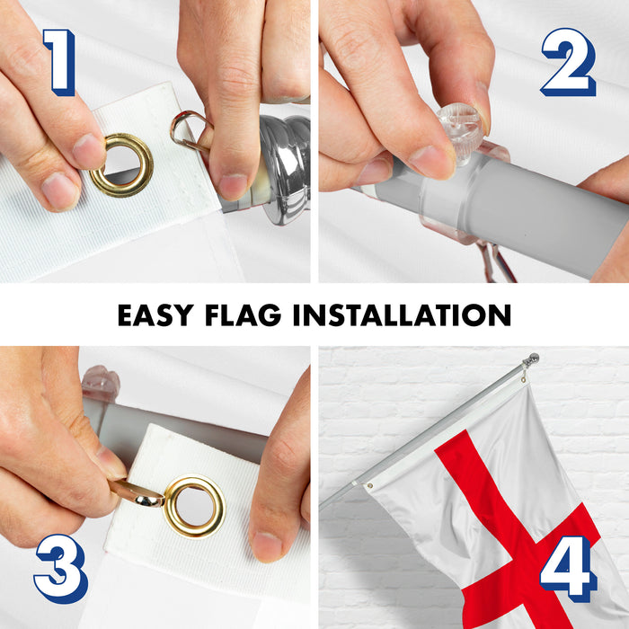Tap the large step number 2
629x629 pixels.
tap(569, 62)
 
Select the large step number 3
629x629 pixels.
tap(61, 569)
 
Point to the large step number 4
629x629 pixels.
tap(568, 569)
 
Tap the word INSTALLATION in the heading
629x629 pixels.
tap(402, 314)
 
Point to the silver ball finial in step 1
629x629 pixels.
tap(285, 169)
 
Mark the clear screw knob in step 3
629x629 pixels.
tap(101, 383)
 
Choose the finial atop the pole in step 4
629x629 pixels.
tap(533, 359)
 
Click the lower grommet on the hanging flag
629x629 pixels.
tap(370, 486)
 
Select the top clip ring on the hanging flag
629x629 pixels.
tap(524, 378)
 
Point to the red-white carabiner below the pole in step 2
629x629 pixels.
tap(498, 261)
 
